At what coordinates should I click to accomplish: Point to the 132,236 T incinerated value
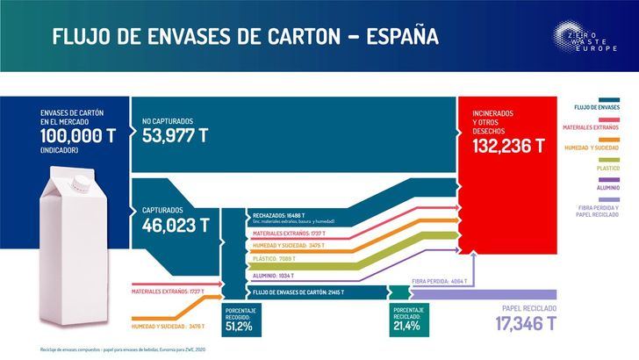513,146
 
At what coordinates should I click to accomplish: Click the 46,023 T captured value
176,225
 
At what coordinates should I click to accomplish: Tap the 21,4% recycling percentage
408,326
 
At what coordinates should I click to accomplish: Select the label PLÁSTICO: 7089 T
275,260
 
